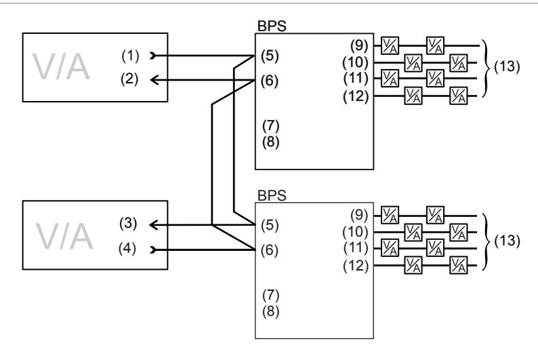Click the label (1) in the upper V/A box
130,56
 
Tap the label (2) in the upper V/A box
129,79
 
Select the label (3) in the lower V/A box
128,224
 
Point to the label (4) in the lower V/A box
127,248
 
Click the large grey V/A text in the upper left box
61,66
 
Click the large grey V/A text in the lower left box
64,236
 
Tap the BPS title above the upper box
272,26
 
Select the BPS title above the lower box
272,195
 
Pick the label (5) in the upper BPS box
270,56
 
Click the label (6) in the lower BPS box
270,250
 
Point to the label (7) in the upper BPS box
271,126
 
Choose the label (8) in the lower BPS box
271,311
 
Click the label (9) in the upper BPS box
359,45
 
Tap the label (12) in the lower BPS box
356,266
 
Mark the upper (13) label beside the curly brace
507,66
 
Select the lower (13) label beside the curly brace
507,241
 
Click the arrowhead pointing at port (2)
154,80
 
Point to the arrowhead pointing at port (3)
153,225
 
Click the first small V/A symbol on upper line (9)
390,45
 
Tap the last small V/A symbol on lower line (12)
459,265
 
